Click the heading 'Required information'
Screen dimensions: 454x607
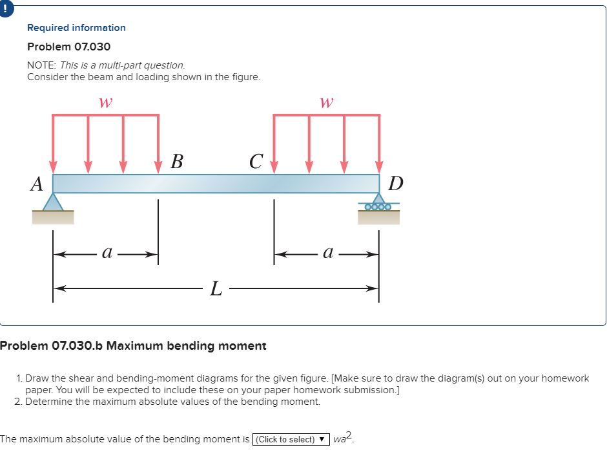click(x=76, y=28)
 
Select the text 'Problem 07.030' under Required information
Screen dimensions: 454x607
click(x=68, y=47)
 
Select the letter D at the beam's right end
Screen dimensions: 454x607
click(x=396, y=184)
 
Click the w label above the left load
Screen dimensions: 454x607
click(x=105, y=102)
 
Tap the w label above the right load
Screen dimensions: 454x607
click(x=327, y=102)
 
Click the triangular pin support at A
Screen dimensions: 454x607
click(x=53, y=203)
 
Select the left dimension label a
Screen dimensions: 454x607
click(x=107, y=254)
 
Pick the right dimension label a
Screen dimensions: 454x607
click(x=327, y=254)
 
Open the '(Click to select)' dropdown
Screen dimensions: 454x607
click(x=291, y=440)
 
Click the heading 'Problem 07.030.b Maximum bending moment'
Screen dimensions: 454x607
click(x=133, y=345)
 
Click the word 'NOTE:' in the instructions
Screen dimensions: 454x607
click(x=42, y=65)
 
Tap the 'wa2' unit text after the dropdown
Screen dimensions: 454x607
click(x=343, y=439)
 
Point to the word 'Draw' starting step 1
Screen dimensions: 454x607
click(x=37, y=378)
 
